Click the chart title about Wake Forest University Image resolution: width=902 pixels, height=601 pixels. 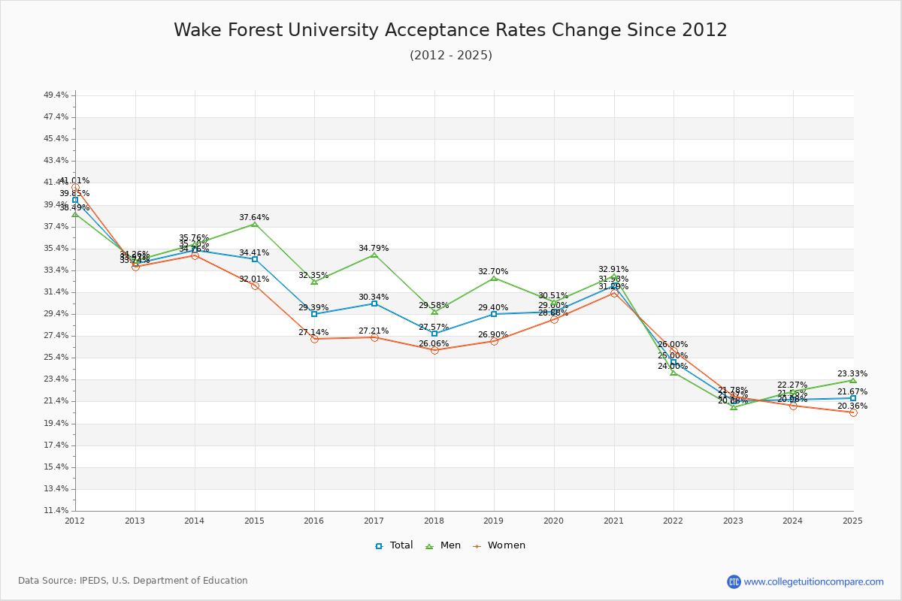coord(450,30)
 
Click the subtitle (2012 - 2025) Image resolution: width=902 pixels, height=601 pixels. coord(450,56)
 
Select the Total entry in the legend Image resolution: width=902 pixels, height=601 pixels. coord(394,545)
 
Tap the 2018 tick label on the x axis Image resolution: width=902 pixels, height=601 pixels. coord(434,520)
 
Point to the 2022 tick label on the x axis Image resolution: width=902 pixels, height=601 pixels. coord(673,520)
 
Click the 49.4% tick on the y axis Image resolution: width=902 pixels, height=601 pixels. coord(56,95)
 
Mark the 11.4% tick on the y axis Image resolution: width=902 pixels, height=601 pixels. coord(56,510)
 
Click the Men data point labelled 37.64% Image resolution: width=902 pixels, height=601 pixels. coord(255,224)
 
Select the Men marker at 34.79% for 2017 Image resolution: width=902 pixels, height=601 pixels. coord(374,255)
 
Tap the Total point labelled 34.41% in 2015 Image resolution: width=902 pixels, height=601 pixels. coord(255,259)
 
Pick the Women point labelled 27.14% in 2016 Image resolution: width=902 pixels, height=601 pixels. coord(314,339)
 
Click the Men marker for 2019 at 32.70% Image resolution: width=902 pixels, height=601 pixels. coord(494,278)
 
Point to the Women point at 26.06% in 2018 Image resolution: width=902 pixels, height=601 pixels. coord(434,350)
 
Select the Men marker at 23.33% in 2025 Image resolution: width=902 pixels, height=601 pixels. coord(853,380)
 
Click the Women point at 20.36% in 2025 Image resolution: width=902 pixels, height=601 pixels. coord(853,412)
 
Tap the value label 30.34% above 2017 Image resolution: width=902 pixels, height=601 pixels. coord(374,297)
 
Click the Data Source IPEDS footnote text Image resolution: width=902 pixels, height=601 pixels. coord(133,581)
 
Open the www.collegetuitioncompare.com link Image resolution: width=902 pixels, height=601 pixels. coord(813,581)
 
